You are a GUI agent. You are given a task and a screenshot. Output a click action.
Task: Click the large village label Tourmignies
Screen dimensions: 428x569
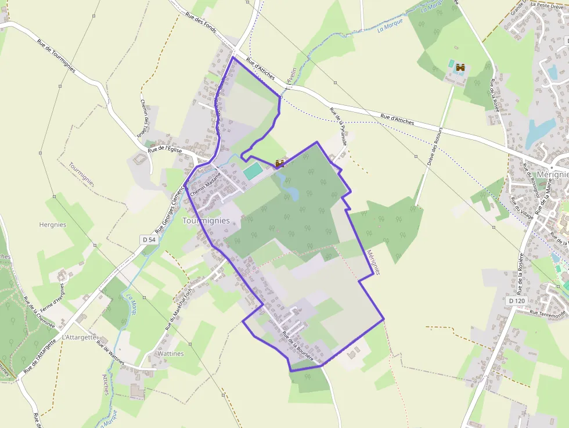[x=206, y=221]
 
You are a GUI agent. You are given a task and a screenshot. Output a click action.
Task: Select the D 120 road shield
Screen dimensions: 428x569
[x=516, y=301]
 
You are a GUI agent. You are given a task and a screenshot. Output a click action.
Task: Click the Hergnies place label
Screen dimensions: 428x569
[x=52, y=225]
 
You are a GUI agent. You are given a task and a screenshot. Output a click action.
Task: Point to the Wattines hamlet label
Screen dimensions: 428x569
[x=170, y=354]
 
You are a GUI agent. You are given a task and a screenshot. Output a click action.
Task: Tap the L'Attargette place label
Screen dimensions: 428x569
[x=80, y=337]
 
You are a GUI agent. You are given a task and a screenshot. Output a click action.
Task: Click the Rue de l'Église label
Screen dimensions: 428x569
[x=165, y=149]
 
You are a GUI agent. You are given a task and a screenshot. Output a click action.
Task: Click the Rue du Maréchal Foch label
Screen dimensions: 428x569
[x=179, y=310]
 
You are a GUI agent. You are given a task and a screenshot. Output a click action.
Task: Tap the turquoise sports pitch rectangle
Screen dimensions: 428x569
[x=252, y=171]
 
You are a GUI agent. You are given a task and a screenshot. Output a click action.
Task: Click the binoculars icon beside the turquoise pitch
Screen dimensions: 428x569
[x=280, y=163]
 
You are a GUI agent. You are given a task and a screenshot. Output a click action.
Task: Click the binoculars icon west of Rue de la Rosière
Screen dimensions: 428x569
[x=461, y=68]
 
